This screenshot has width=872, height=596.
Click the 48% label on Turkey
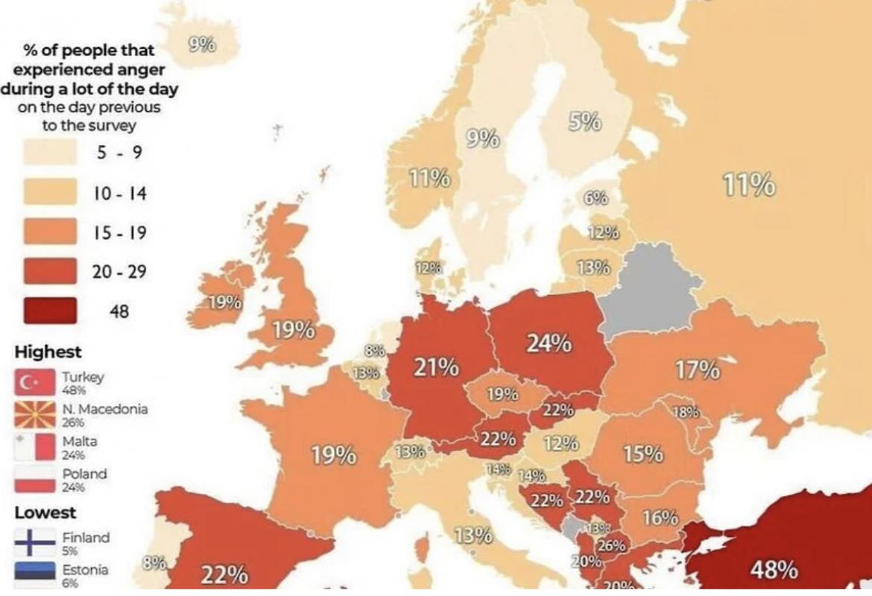pyautogui.click(x=774, y=570)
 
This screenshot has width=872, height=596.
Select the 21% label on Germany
pyautogui.click(x=437, y=367)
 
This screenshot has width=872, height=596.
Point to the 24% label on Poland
pyautogui.click(x=549, y=343)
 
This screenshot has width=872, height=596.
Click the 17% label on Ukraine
pyautogui.click(x=698, y=370)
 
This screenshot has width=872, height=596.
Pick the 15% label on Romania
pyautogui.click(x=642, y=453)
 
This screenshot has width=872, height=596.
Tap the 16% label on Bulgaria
pyautogui.click(x=660, y=517)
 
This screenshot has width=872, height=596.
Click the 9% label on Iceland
pyautogui.click(x=202, y=45)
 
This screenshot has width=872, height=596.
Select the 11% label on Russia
pyautogui.click(x=749, y=183)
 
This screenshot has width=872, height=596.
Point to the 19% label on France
pyautogui.click(x=333, y=454)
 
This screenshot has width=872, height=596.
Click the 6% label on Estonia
pyautogui.click(x=596, y=198)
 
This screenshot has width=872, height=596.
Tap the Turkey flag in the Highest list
pyautogui.click(x=34, y=382)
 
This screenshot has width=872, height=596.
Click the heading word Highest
pyautogui.click(x=48, y=352)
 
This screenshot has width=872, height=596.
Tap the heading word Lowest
pyautogui.click(x=45, y=513)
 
